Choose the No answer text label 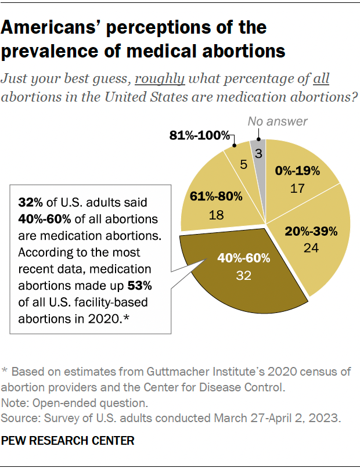coord(278,121)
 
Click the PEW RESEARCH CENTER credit coord(69,441)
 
